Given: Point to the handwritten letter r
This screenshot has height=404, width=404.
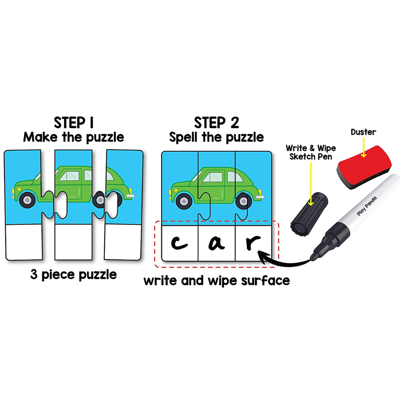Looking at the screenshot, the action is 252,242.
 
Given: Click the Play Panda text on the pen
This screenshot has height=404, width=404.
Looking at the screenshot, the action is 367,206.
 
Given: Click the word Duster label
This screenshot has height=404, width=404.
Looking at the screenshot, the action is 363,132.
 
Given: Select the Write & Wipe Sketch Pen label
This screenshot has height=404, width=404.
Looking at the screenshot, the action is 311,152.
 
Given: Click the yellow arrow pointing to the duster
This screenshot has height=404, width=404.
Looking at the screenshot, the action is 364,147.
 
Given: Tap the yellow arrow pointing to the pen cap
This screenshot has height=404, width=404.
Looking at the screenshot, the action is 311,184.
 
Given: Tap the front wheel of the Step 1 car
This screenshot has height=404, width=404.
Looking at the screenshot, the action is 27,200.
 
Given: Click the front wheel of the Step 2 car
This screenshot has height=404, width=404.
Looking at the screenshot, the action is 184,201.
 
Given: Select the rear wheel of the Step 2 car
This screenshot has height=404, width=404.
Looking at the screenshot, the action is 244,201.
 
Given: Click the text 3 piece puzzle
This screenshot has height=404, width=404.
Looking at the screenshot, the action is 73,275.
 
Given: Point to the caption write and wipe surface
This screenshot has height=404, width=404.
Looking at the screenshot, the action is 217,281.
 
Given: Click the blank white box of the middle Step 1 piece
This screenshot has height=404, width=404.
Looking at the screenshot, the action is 73,242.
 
